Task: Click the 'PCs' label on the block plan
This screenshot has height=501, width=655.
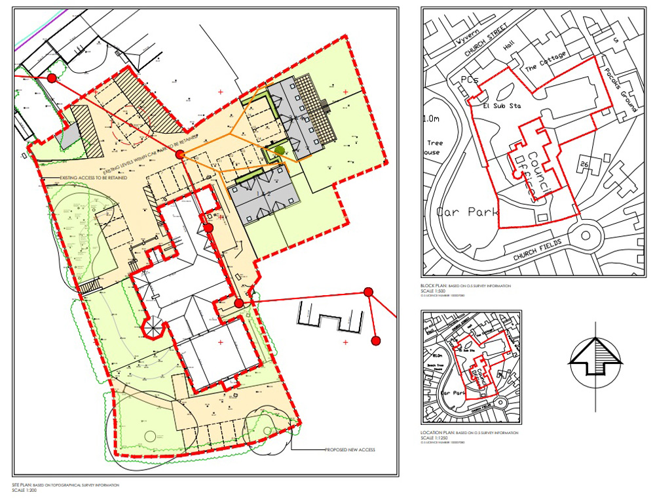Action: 469,79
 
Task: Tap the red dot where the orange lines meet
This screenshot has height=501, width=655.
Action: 179,155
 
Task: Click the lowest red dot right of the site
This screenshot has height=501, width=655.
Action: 376,340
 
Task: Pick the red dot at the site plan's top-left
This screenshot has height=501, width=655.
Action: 52,79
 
